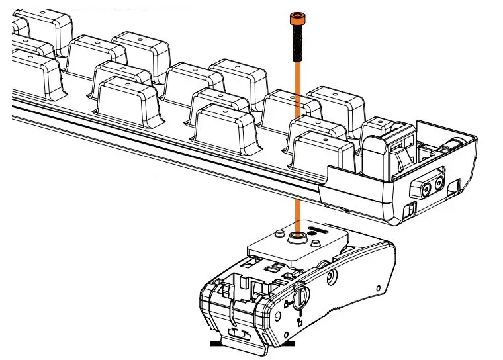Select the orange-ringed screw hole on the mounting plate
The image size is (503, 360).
tap(297, 235)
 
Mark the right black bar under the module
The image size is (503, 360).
tap(287, 344)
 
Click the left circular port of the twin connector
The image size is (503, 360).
tap(418, 188)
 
